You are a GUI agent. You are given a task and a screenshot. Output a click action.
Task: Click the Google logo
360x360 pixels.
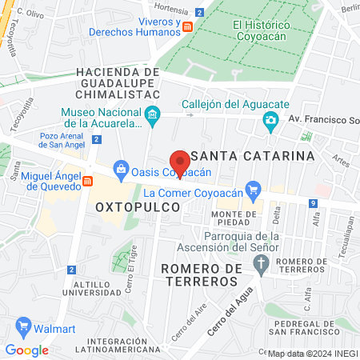(x=26, y=350)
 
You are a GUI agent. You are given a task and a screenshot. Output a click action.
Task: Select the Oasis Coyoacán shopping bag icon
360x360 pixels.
(x=121, y=169)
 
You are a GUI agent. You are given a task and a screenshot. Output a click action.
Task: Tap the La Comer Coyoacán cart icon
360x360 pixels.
(x=254, y=190)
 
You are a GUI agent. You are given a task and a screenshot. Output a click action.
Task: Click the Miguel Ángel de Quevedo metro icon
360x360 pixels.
(x=87, y=182)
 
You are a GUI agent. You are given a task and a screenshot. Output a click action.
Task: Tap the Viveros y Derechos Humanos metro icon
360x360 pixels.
(x=187, y=27)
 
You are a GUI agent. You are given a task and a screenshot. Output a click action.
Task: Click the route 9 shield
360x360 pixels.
(x=311, y=204)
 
